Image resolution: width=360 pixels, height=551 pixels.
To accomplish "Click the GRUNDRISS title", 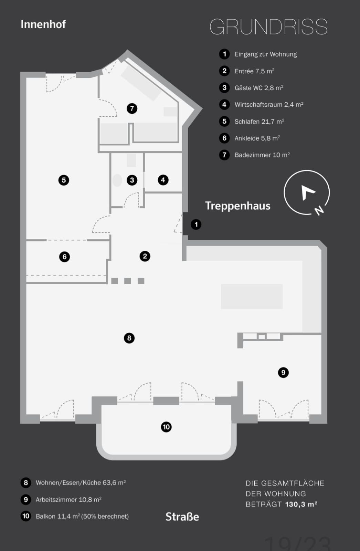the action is (268, 27).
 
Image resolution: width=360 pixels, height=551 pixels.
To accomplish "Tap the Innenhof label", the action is (43, 24).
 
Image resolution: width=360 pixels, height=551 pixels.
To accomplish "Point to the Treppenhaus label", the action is (238, 206).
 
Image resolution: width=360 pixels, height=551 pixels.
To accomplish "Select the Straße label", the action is (182, 517).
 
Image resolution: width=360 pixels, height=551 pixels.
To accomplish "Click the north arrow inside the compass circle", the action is (307, 193).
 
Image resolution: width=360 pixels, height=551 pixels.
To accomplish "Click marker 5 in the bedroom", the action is (64, 180).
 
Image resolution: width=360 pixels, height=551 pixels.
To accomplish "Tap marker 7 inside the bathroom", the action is (132, 108).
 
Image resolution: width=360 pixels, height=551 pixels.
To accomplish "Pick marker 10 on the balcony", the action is (166, 427).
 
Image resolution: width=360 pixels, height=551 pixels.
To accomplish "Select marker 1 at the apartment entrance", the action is (196, 224).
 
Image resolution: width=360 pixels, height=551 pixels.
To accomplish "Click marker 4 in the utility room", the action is (163, 180).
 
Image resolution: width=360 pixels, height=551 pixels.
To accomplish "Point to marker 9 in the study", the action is (283, 372).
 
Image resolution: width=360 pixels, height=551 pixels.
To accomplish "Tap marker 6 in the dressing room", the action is (64, 257).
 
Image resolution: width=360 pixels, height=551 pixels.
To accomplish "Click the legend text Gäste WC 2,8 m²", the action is (259, 88).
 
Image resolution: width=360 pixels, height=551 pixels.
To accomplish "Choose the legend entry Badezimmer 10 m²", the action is (262, 155).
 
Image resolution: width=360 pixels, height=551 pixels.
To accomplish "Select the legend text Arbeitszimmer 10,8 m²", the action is (68, 500).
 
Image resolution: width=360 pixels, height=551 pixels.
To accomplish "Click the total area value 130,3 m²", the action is (301, 504).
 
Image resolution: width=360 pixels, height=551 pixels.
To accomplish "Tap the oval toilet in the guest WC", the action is (117, 180).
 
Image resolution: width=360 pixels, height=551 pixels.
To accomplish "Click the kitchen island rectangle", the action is (252, 296).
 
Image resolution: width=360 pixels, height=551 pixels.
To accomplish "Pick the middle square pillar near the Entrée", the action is (128, 281).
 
